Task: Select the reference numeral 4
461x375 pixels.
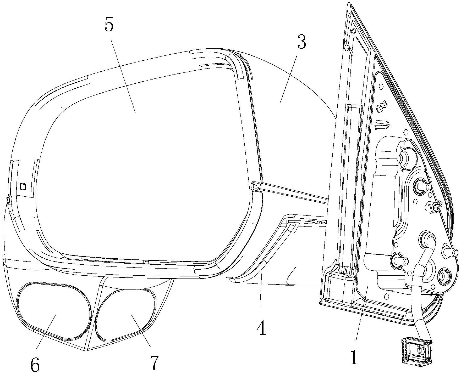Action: point(261,327)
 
